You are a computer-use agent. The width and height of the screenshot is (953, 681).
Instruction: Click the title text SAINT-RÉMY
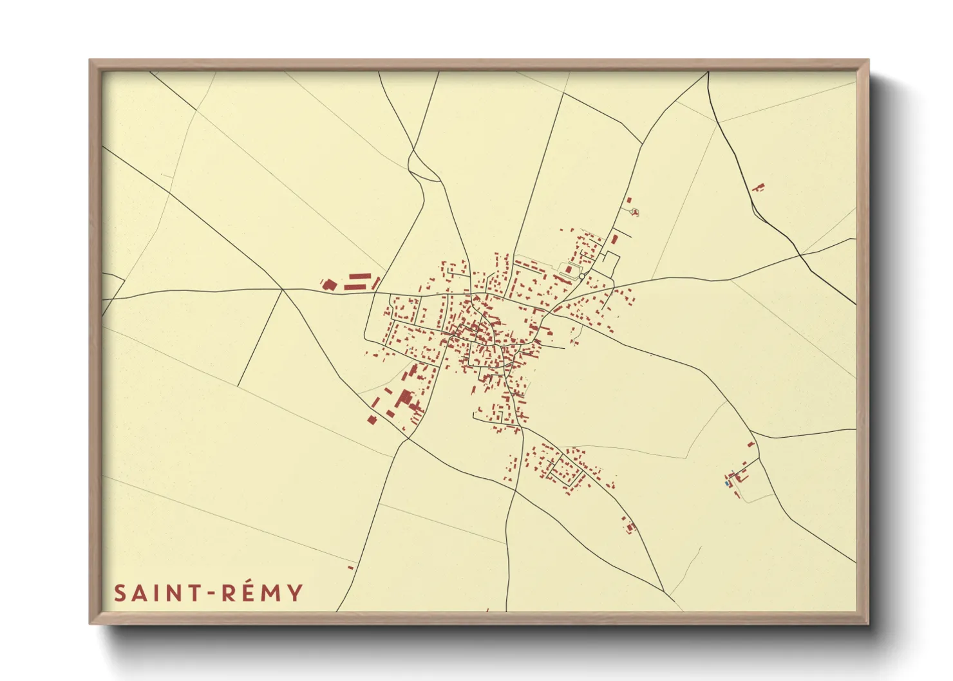pyautogui.click(x=208, y=593)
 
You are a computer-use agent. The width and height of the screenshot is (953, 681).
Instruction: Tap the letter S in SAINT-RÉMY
pyautogui.click(x=120, y=593)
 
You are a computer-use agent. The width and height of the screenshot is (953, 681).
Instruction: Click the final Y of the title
pyautogui.click(x=295, y=593)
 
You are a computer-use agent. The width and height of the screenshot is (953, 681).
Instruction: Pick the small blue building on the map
pyautogui.click(x=728, y=483)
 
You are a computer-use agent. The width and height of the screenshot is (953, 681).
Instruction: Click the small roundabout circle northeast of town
pyautogui.click(x=581, y=276)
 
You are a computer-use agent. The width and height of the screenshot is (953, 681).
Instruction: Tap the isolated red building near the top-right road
pyautogui.click(x=758, y=187)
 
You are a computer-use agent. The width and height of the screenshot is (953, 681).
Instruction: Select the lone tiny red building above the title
pyautogui.click(x=350, y=567)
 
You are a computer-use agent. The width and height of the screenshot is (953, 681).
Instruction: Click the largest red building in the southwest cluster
pyautogui.click(x=404, y=398)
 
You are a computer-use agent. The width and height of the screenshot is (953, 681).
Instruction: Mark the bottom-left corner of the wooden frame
pyautogui.click(x=91, y=623)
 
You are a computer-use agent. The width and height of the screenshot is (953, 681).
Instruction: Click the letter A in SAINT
pyautogui.click(x=140, y=593)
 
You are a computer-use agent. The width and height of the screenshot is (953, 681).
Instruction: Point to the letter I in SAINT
pyautogui.click(x=156, y=593)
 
